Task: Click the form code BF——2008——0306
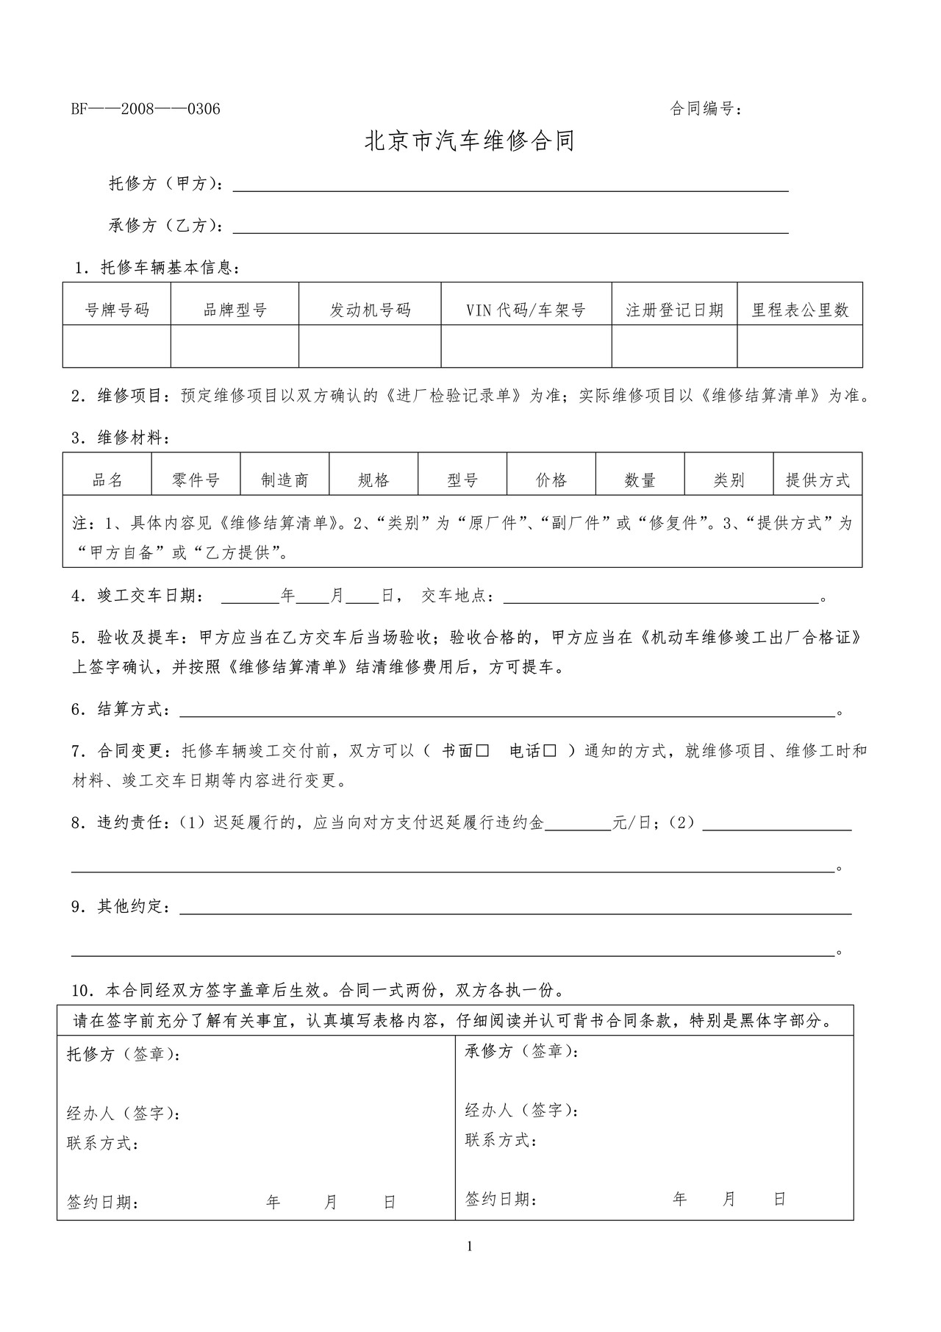[146, 110]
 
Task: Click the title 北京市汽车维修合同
[470, 141]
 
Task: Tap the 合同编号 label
[705, 110]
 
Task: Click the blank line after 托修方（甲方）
[510, 186]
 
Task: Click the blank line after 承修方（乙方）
[510, 228]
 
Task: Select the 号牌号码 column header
[117, 310]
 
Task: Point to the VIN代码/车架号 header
[526, 310]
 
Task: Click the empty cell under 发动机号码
[370, 346]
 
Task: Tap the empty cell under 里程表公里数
[799, 346]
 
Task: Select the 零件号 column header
[196, 480]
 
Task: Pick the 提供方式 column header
[817, 480]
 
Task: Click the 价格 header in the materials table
[551, 480]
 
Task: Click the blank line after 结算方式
[507, 711]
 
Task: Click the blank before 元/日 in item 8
[578, 825]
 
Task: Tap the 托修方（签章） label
[124, 1055]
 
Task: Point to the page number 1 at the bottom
[470, 1246]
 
